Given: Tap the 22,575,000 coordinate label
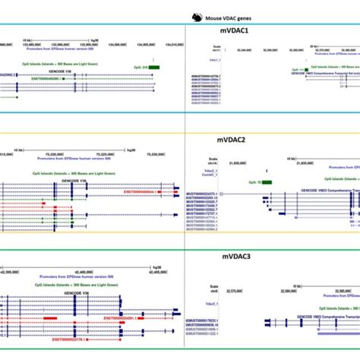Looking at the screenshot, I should point(238,279).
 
